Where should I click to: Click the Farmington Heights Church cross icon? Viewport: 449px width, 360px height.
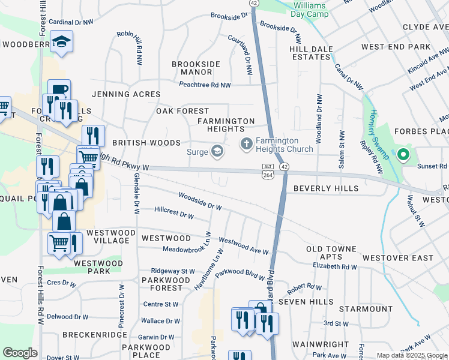pos(246,144)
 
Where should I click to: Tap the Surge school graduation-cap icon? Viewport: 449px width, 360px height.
pos(216,151)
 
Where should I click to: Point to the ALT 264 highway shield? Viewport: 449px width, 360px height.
pos(268,170)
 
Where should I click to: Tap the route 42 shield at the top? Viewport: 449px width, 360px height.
pos(254,3)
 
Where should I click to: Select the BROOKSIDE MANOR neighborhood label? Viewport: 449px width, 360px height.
pos(196,68)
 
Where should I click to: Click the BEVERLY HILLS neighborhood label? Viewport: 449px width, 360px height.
pos(326,188)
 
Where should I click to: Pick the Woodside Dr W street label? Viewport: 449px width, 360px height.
pos(200,201)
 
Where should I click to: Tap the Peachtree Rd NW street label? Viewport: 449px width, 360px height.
pos(205,85)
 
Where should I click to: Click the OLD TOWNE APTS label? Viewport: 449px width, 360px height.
pos(331,253)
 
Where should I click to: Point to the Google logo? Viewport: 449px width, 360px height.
pos(20,353)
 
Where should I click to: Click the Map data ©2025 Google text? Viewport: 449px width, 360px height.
pos(411,355)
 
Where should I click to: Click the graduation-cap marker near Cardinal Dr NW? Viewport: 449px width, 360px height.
pos(61,42)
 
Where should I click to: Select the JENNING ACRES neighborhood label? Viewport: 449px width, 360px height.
pos(126,94)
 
